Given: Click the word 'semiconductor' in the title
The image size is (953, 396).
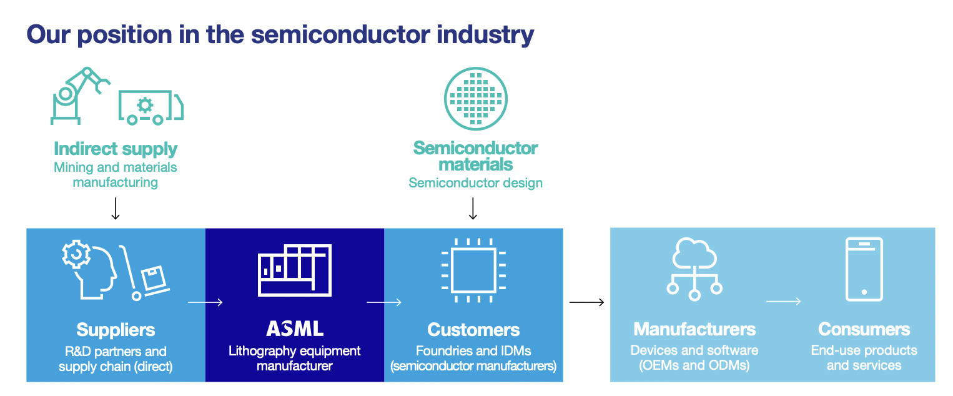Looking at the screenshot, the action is click(340, 34).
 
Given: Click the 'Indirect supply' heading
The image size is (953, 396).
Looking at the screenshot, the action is click(116, 149).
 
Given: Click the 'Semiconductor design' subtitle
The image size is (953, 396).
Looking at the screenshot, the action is click(476, 183).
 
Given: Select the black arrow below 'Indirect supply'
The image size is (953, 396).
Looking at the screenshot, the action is click(116, 209).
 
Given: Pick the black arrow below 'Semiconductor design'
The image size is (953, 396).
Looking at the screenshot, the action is click(473, 209).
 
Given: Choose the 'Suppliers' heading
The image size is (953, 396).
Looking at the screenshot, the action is click(116, 330).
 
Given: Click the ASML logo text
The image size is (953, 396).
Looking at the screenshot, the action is click(295, 329).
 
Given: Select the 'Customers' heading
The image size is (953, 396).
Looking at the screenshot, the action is click(473, 330).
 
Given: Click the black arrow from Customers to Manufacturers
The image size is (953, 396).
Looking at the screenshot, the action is click(586, 302).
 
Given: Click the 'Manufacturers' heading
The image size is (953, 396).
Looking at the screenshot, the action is click(694, 329).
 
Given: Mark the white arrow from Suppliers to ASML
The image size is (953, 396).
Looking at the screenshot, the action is click(205, 302).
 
